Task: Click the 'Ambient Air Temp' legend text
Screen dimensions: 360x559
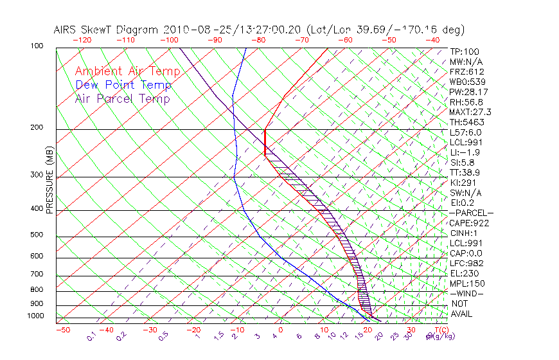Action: pyautogui.click(x=127, y=71)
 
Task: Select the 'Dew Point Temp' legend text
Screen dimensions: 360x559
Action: pyautogui.click(x=123, y=85)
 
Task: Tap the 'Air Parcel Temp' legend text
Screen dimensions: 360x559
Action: pyautogui.click(x=122, y=98)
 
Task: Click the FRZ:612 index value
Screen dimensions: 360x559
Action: pyautogui.click(x=467, y=71)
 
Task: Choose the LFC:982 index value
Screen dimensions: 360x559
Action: pyautogui.click(x=465, y=264)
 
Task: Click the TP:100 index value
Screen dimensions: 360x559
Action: pyautogui.click(x=465, y=51)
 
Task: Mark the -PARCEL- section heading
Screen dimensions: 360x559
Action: pyautogui.click(x=471, y=213)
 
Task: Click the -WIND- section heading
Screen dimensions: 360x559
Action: pyautogui.click(x=466, y=293)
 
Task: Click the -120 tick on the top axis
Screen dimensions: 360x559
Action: pyautogui.click(x=82, y=40)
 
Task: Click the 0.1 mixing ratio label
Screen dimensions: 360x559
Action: pyautogui.click(x=91, y=335)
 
